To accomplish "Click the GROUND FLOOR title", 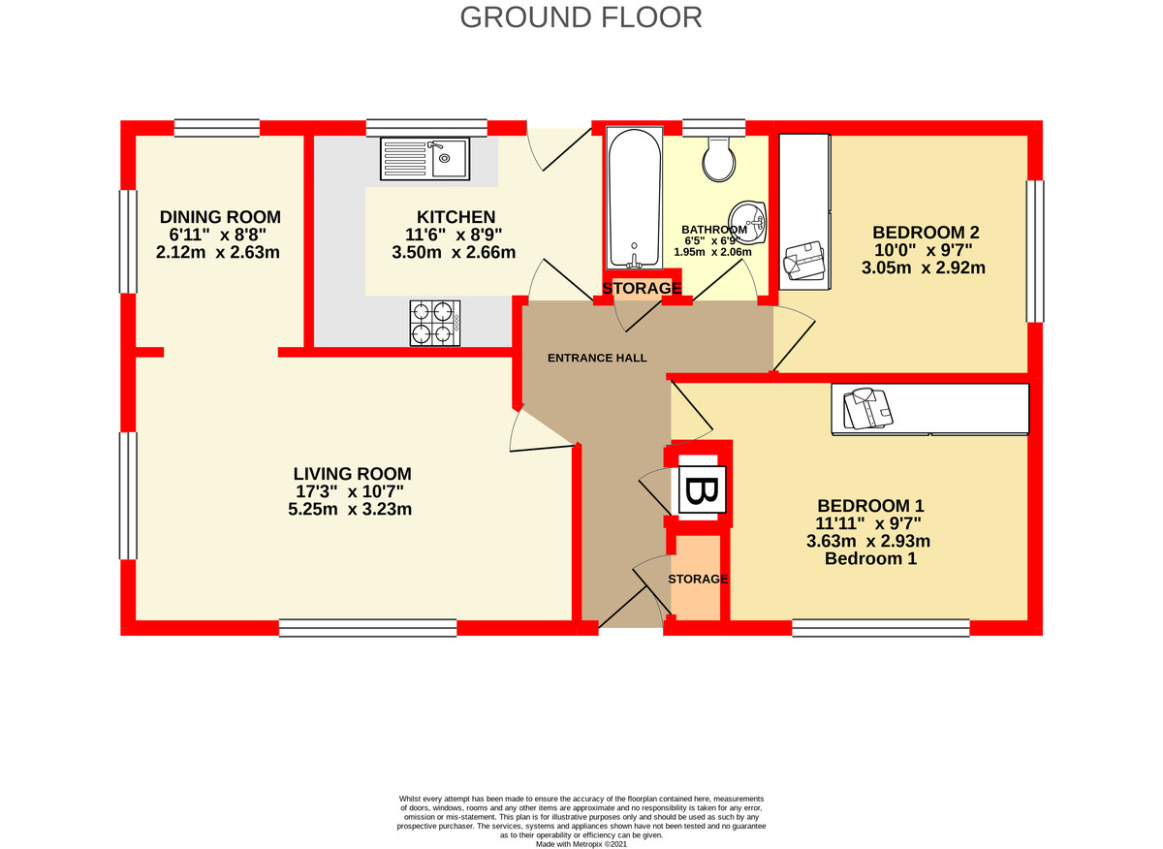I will pos(581,17).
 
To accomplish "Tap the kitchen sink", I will pos(425,158).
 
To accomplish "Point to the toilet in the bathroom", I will pos(719,158).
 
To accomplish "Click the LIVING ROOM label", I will pos(352,474).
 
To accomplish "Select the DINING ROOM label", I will pos(220,216).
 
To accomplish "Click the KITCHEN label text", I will pos(456,217).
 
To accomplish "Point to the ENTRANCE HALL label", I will pos(597,358).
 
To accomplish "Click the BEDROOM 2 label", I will pos(926,233).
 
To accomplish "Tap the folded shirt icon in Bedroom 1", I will pos(866,408).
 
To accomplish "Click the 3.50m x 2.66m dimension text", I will pos(455,253).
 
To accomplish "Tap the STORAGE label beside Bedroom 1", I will pos(698,579).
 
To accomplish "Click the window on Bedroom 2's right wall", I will pos(1035,251).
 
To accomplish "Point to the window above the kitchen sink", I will pos(425,127).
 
